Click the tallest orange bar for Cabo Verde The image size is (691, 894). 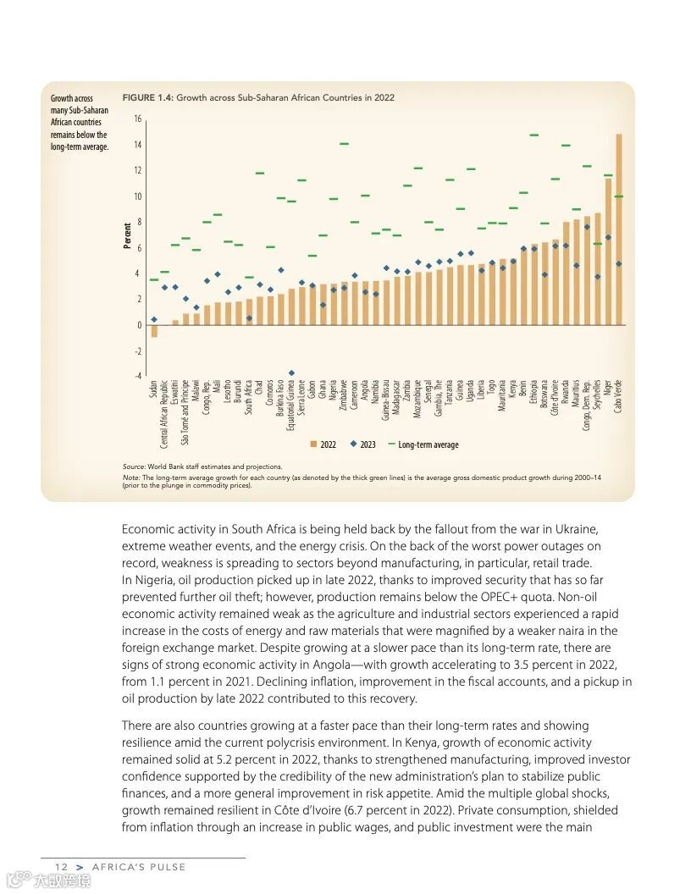point(619,229)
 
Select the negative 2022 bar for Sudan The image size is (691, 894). point(154,331)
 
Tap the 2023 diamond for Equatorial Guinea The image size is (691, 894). point(291,372)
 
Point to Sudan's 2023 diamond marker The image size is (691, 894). point(154,319)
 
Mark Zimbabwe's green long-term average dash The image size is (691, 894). point(344,144)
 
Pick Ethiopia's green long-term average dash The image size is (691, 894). point(534,135)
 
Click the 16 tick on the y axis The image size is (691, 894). point(137,119)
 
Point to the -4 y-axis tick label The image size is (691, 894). point(137,376)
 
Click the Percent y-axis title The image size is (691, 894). point(128,235)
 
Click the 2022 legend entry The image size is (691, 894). point(323,444)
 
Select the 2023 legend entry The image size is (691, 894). point(363,444)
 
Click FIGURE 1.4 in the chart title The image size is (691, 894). point(148,98)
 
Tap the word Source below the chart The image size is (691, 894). point(133,466)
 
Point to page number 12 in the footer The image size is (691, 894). point(61,867)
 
